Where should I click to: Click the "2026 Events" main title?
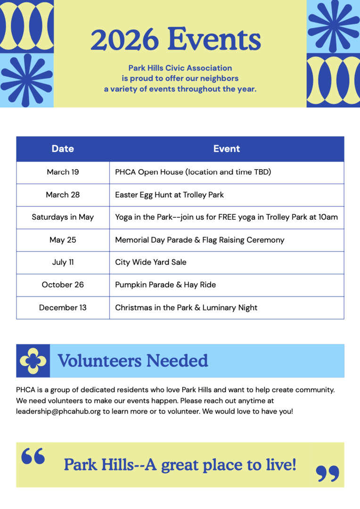coord(175,40)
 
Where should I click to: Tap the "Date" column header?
coord(63,149)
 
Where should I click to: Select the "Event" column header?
coord(227,149)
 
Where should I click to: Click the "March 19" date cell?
coord(63,172)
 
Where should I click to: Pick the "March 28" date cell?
coord(63,195)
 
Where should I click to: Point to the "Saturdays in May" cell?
coord(63,217)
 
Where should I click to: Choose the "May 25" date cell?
coord(63,240)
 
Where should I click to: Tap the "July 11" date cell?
coord(63,262)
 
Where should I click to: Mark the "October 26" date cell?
coord(63,285)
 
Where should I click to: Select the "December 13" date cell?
coord(63,308)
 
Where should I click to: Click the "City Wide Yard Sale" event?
coord(151,262)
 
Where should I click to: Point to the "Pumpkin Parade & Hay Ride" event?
coord(165,285)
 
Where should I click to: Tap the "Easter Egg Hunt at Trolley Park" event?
coord(169,195)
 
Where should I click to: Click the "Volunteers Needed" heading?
coord(133,361)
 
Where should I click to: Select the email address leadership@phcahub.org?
coord(58,411)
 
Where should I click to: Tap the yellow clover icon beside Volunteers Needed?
coord(33,361)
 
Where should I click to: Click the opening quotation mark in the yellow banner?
coord(33,457)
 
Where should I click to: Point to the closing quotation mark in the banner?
coord(327,473)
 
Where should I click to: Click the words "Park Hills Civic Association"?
coord(180,68)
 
